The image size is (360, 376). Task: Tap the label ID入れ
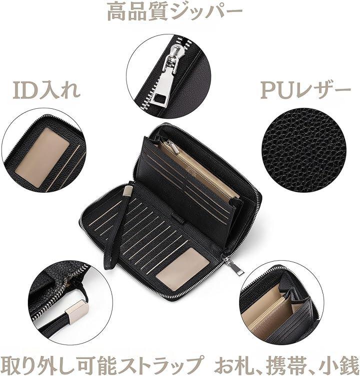pos(46,90)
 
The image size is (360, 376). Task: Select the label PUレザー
pos(305,91)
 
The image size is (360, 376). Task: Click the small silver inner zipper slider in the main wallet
pos(173,146)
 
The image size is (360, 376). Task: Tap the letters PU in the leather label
pos(278,91)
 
